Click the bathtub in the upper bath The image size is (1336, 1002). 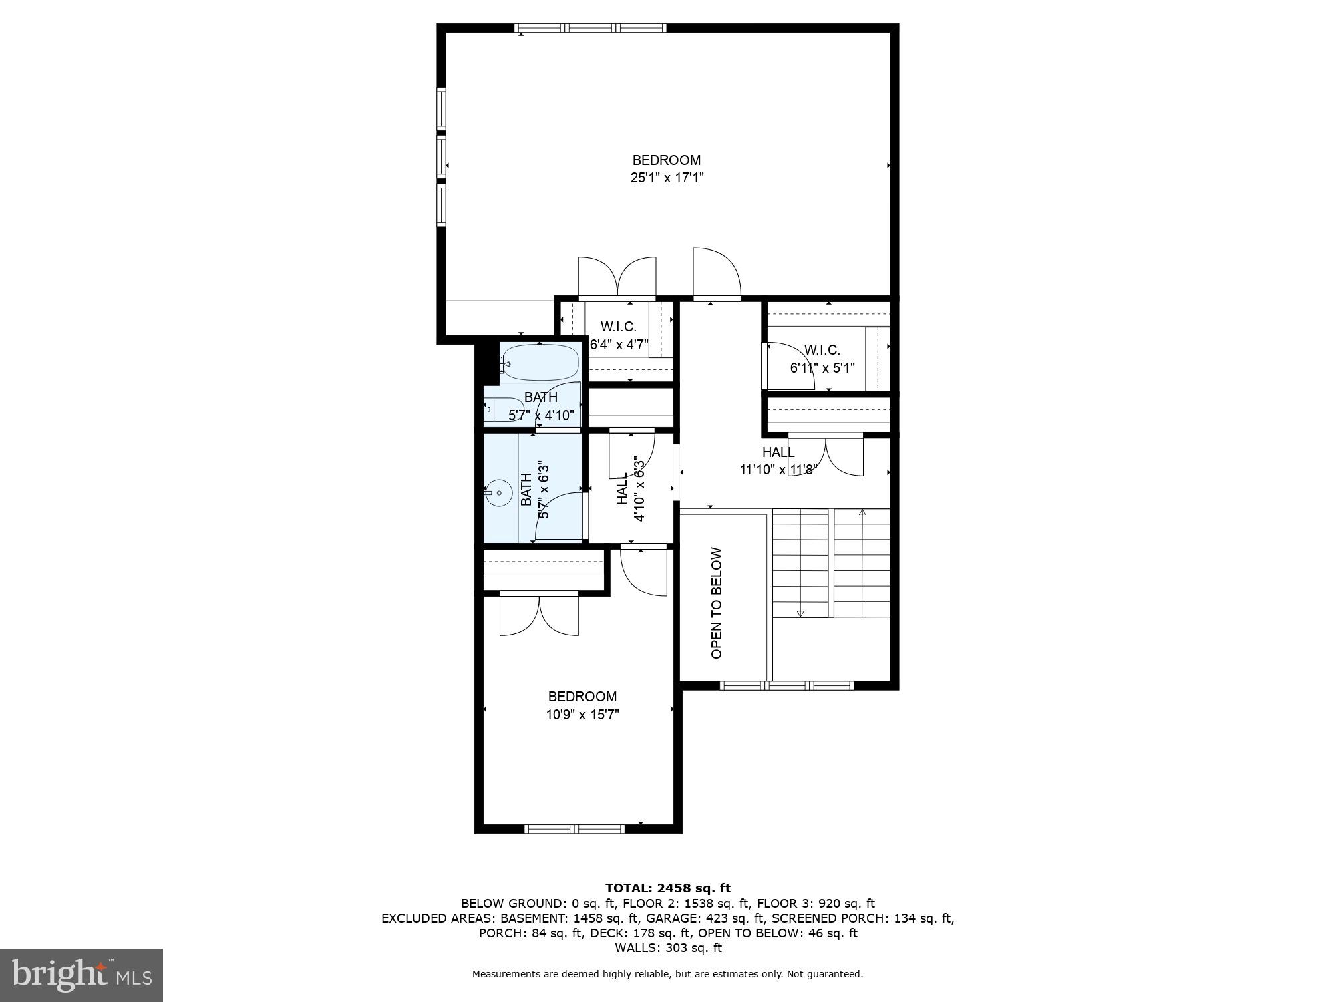[x=540, y=362]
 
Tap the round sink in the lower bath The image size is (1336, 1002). [x=498, y=492]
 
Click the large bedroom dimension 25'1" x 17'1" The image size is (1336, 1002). [x=667, y=178]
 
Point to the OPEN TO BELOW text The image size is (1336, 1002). [x=717, y=603]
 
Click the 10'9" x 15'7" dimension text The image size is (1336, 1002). [x=582, y=715]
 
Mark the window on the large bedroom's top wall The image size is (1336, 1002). [x=591, y=28]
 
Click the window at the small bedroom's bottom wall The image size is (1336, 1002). [x=575, y=829]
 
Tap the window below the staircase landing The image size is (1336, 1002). [x=787, y=685]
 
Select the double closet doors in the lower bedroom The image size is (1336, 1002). [x=539, y=615]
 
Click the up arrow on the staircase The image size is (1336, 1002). [x=862, y=514]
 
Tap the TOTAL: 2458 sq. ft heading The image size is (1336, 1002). [x=667, y=888]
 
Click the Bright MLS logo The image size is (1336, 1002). [x=81, y=975]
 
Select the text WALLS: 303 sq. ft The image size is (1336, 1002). [x=667, y=947]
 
